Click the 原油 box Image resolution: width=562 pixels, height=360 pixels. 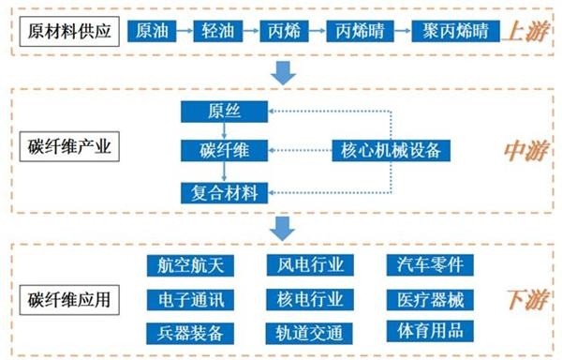pyautogui.click(x=152, y=31)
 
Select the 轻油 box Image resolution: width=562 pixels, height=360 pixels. pyautogui.click(x=218, y=31)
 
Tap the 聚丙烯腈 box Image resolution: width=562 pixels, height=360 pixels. pyautogui.click(x=455, y=31)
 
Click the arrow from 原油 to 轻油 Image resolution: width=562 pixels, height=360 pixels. pyautogui.click(x=185, y=31)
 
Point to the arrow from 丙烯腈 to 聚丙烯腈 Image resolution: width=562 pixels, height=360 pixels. pyautogui.click(x=403, y=31)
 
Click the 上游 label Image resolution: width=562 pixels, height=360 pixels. pyautogui.click(x=526, y=32)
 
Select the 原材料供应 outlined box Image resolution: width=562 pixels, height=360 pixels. pyautogui.click(x=69, y=32)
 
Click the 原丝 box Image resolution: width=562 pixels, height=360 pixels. pyautogui.click(x=224, y=112)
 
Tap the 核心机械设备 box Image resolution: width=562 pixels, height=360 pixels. pyautogui.click(x=391, y=151)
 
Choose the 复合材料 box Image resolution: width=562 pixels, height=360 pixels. pyautogui.click(x=224, y=193)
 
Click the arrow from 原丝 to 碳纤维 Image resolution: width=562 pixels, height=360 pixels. pyautogui.click(x=224, y=131)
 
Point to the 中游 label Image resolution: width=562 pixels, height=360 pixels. pyautogui.click(x=526, y=151)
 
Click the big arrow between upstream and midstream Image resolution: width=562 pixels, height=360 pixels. pyautogui.click(x=283, y=73)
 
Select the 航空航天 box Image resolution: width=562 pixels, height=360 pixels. pyautogui.click(x=190, y=265)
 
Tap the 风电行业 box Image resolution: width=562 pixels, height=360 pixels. pyautogui.click(x=310, y=265)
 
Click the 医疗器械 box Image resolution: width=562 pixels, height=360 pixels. pyautogui.click(x=430, y=300)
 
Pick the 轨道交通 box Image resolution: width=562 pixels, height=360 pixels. pyautogui.click(x=309, y=334)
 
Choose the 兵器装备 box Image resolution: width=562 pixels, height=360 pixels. pyautogui.click(x=190, y=334)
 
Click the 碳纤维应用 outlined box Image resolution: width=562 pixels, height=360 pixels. pyautogui.click(x=69, y=300)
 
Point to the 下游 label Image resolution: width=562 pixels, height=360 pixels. pyautogui.click(x=526, y=300)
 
